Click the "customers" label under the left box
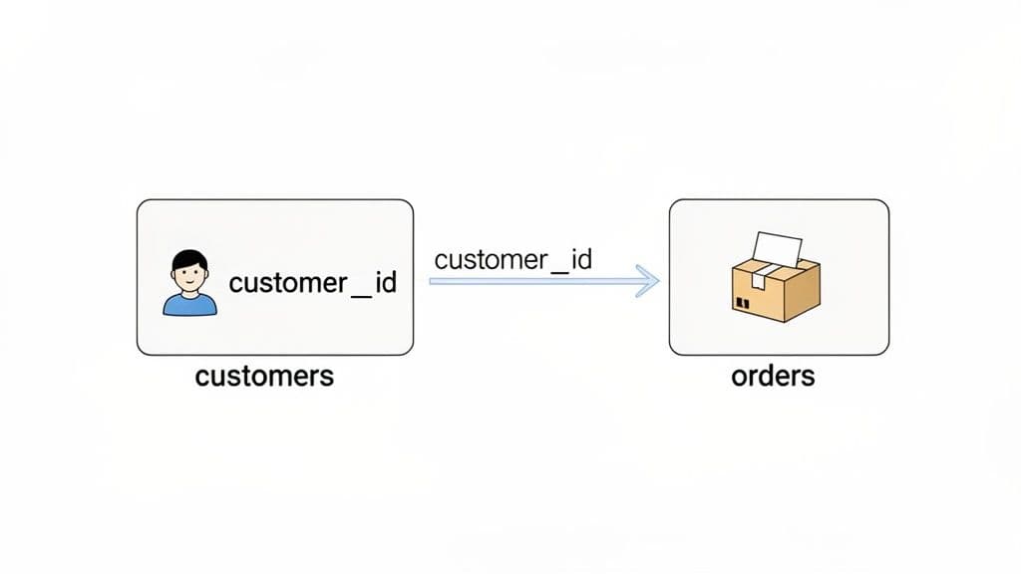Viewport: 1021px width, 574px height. (x=264, y=377)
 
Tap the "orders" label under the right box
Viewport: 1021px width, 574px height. (x=772, y=377)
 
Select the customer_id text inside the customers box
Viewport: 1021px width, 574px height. (x=312, y=283)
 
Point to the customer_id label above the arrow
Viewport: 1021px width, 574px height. (x=512, y=260)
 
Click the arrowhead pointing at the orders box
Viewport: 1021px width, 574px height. (x=651, y=282)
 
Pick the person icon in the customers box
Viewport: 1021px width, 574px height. (x=189, y=284)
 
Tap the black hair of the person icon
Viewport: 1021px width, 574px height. (x=189, y=260)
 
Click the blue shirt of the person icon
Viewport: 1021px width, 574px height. (x=189, y=304)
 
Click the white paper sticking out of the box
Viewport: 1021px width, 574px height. (x=778, y=249)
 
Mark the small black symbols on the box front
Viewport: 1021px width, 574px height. (x=742, y=301)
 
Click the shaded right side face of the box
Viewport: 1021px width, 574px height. (x=802, y=292)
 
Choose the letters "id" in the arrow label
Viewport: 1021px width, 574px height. (x=580, y=260)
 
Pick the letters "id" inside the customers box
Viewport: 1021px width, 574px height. (x=385, y=283)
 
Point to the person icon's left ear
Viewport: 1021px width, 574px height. (x=172, y=274)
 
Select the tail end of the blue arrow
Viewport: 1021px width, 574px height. (x=433, y=282)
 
